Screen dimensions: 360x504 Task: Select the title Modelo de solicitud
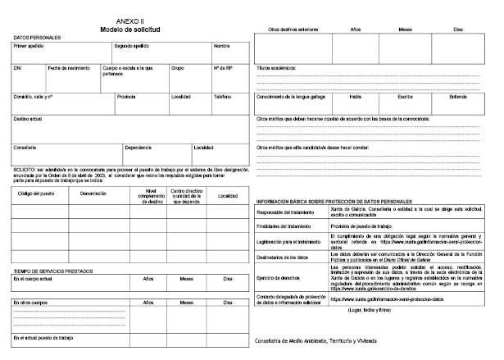(130, 28)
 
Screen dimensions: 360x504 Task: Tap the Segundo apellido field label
(131, 46)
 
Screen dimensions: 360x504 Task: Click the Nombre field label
(221, 46)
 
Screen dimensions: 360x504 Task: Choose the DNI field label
(17, 68)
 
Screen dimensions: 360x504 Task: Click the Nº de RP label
(223, 68)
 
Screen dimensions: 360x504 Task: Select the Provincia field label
(126, 96)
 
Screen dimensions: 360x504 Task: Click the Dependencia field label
(138, 148)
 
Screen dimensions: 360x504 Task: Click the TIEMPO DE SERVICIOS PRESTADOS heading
(51, 271)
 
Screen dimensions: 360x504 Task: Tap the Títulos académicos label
(277, 68)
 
